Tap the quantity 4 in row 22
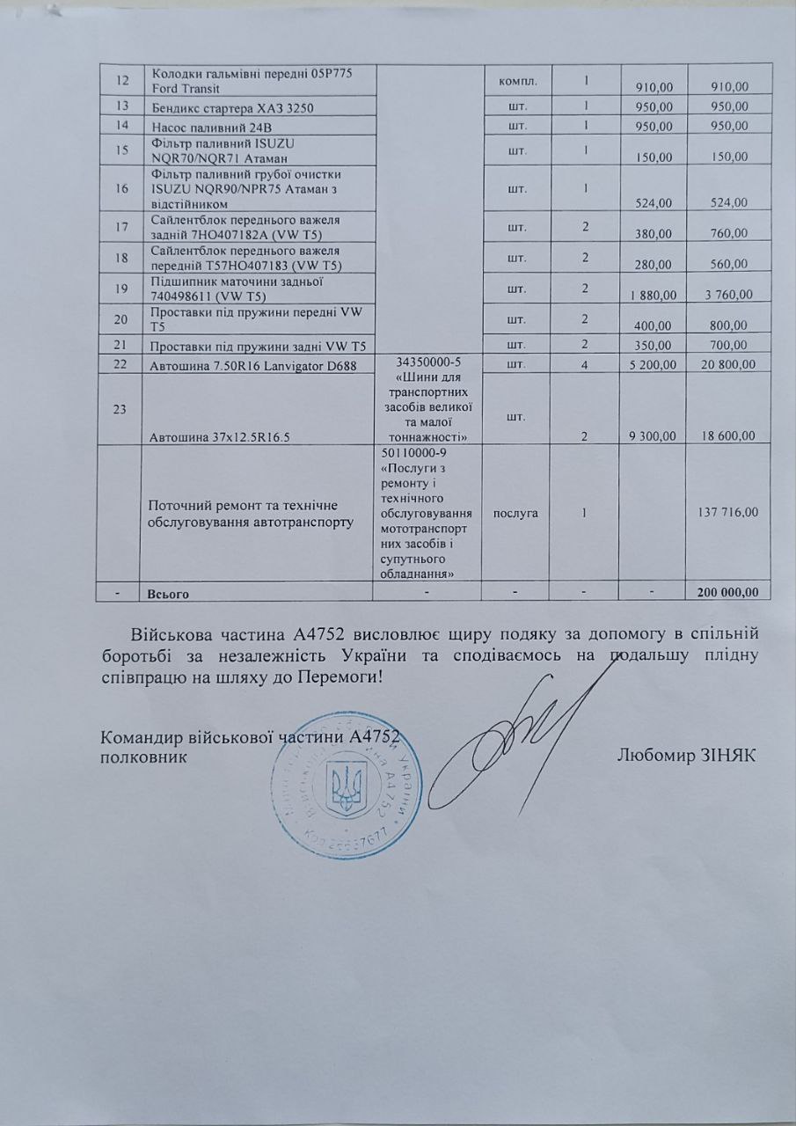click(586, 364)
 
